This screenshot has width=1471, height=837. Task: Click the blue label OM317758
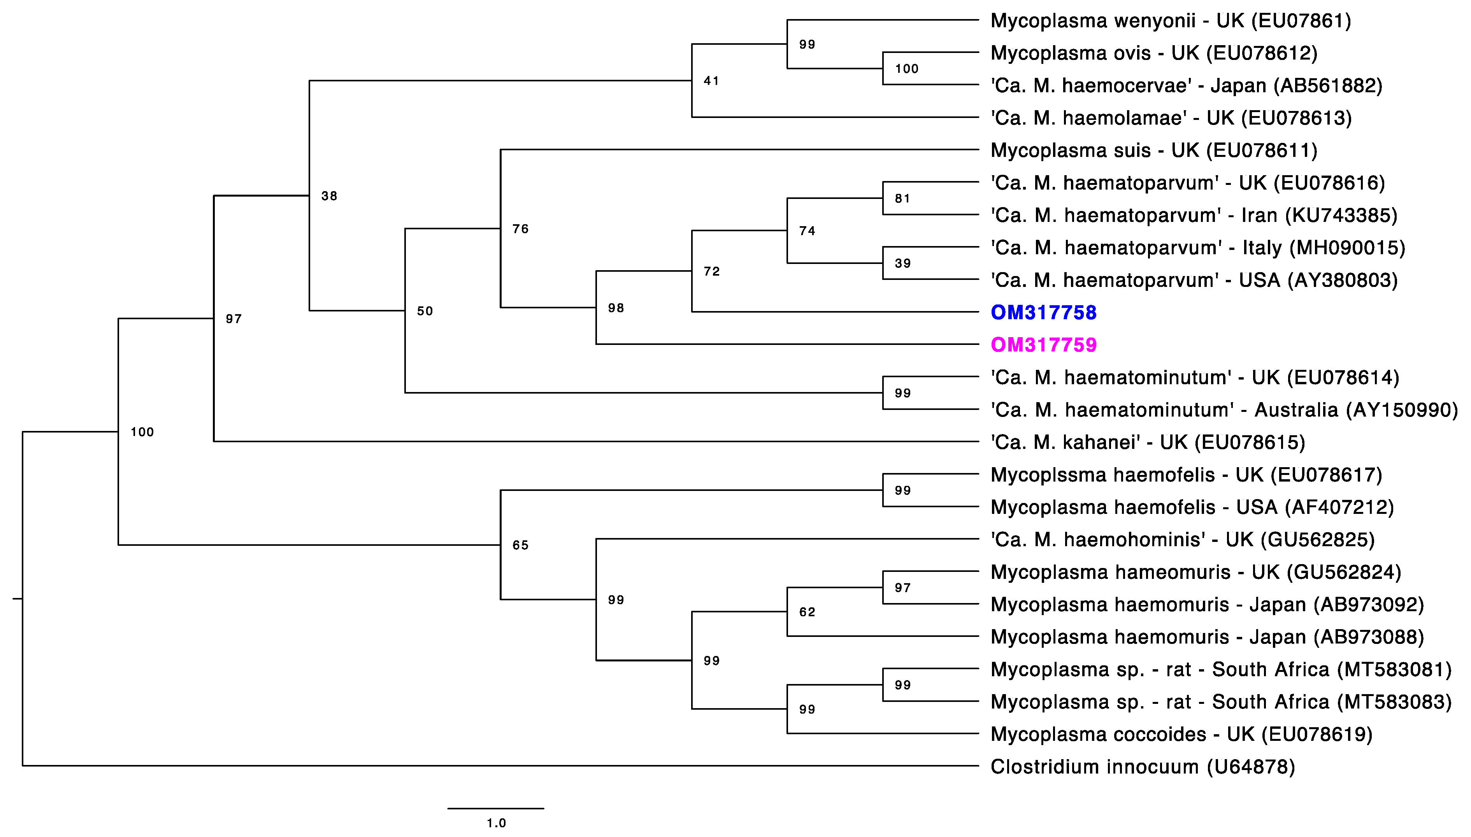click(1043, 312)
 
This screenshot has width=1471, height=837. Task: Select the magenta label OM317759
click(1043, 345)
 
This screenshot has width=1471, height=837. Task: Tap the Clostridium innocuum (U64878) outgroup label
click(1142, 767)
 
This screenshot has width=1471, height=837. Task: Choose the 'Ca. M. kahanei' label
click(1148, 442)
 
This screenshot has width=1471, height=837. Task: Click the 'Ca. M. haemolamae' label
click(1171, 118)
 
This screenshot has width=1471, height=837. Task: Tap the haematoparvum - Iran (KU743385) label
click(1194, 216)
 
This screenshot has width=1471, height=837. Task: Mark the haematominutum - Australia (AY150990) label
click(1224, 410)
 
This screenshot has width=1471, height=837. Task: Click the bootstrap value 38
click(329, 196)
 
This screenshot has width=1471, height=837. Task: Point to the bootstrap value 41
click(711, 81)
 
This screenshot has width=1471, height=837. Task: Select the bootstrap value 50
click(425, 311)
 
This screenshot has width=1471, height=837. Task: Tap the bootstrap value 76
click(520, 229)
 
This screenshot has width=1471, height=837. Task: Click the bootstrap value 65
click(520, 545)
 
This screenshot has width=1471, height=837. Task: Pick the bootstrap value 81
click(902, 199)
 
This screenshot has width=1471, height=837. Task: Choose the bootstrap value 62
click(807, 612)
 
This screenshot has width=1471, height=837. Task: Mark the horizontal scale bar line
click(495, 808)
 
